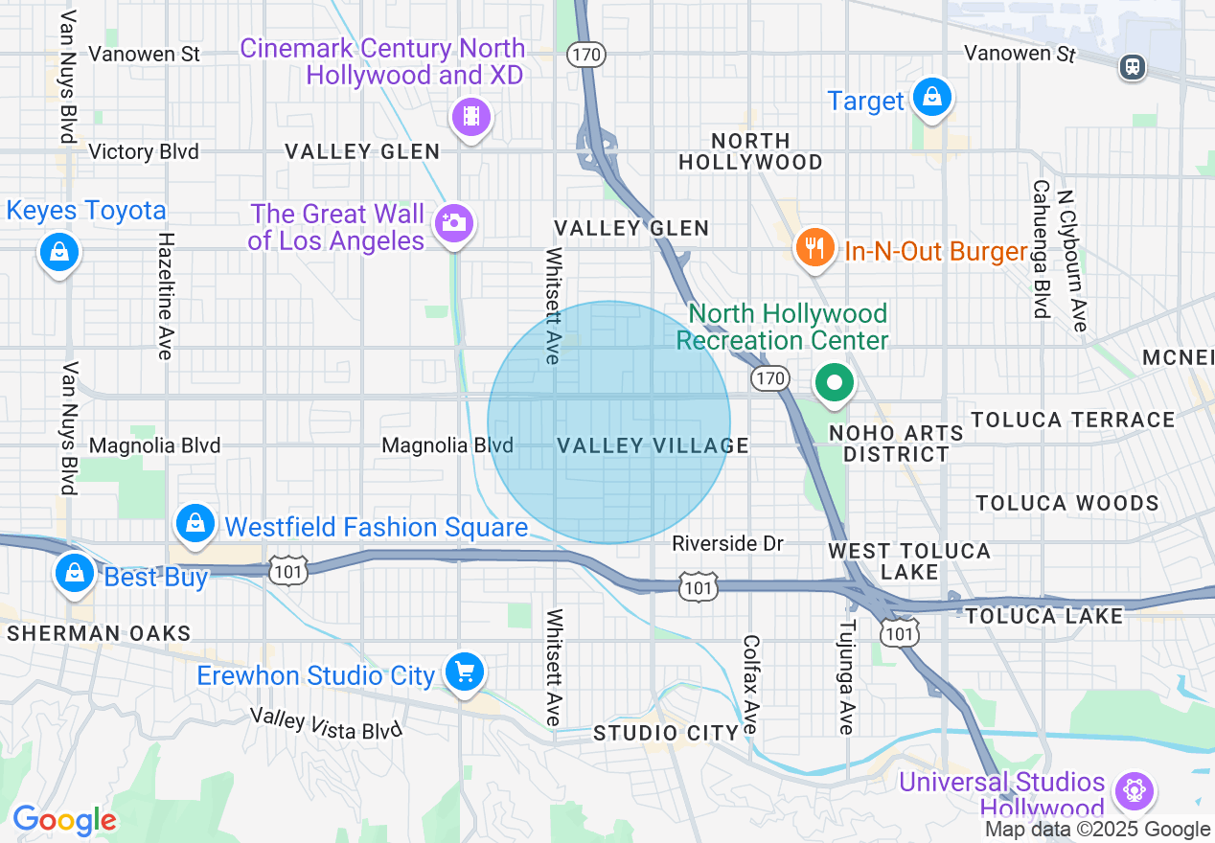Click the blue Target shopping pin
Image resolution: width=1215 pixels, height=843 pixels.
(930, 98)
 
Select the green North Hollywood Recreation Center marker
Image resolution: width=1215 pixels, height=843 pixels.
(835, 384)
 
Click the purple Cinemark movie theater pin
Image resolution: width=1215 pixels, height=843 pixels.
(470, 117)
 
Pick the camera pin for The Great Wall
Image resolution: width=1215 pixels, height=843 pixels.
(453, 224)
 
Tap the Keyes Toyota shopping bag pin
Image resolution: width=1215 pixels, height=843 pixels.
(59, 252)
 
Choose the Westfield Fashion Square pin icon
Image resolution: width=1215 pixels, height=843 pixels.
(195, 524)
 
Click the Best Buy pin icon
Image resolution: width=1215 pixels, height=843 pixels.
(74, 574)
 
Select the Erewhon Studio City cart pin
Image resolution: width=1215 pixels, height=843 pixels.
(465, 672)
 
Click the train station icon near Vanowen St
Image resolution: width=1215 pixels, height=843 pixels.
(1133, 66)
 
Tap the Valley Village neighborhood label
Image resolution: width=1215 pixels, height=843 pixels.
(653, 445)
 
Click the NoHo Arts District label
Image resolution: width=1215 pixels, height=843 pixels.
(896, 444)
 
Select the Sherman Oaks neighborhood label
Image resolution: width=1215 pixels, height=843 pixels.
(99, 633)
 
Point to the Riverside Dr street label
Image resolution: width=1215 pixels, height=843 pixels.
(727, 544)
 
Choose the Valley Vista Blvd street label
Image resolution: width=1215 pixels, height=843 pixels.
(326, 723)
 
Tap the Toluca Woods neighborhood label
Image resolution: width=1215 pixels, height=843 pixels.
(1066, 503)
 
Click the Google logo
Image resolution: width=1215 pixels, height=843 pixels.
(64, 820)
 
